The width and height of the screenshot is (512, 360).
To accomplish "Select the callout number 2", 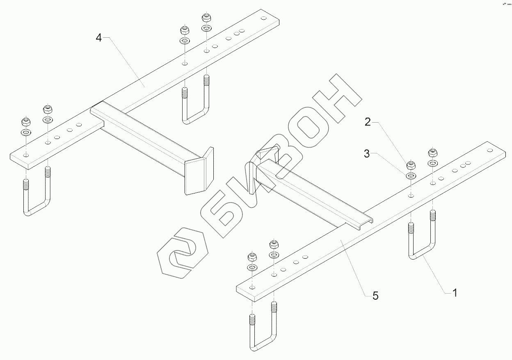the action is click(368, 122).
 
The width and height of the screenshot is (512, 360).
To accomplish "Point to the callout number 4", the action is click(98, 38).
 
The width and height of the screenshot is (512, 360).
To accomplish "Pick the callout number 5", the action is click(375, 295).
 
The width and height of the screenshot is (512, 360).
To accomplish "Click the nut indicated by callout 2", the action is click(411, 165).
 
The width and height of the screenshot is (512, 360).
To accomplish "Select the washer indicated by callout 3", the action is click(411, 176).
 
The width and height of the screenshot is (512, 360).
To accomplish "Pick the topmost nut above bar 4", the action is click(206, 18).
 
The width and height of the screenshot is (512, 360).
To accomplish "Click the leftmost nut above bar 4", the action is click(26, 121).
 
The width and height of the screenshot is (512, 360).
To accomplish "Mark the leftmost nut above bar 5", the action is click(252, 257).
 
